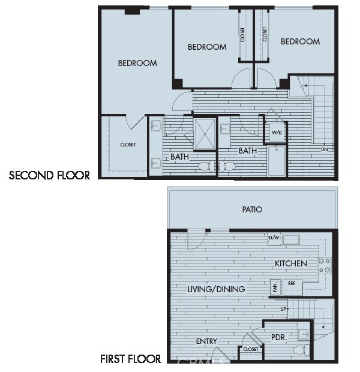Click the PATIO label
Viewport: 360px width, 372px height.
252,209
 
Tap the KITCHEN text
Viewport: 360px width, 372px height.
291,263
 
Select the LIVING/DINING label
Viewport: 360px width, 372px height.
216,289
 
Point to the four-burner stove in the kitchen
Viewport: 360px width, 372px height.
324,265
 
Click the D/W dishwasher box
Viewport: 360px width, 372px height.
274,239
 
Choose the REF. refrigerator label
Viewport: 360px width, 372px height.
292,283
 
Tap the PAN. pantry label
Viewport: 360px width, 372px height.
275,288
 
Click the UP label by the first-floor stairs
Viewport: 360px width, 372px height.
284,309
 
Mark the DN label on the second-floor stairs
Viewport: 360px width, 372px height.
325,149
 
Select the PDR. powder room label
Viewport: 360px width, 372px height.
279,338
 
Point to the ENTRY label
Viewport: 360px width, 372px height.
206,341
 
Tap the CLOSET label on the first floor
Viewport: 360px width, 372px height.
251,349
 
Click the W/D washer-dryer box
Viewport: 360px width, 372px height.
277,132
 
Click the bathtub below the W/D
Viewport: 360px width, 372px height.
277,160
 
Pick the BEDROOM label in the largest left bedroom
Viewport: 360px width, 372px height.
137,63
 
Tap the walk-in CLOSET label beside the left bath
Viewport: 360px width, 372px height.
128,145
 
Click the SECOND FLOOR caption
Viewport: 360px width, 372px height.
49,176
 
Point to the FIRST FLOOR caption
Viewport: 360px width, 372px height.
130,359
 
